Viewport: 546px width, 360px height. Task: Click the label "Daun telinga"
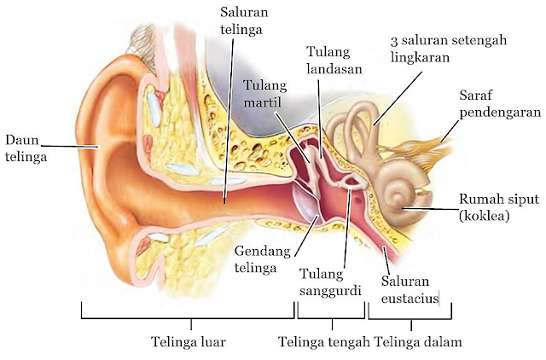tap(23, 148)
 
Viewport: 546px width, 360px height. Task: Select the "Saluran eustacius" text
tap(409, 289)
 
